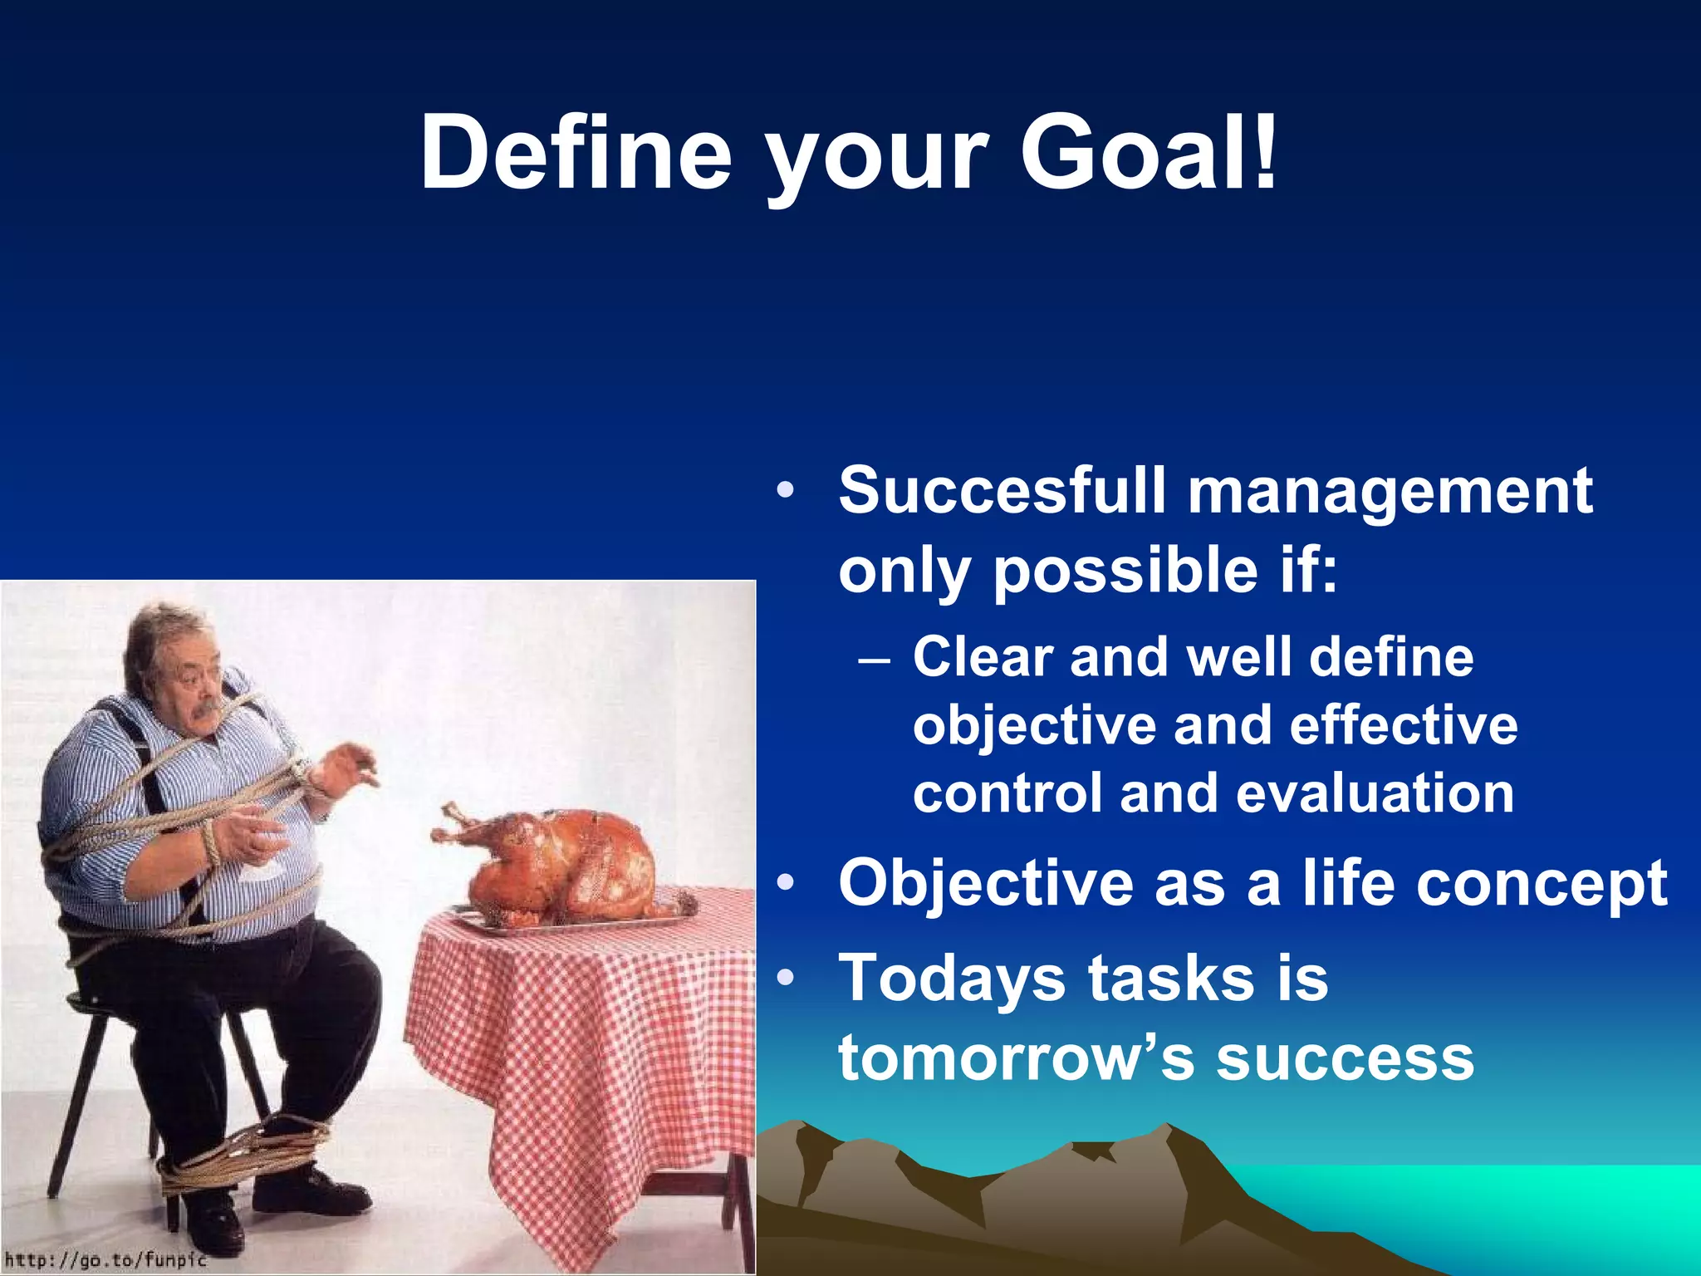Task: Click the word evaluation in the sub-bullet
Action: (x=1375, y=793)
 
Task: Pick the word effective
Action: (x=1404, y=724)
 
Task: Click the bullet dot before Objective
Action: (x=786, y=882)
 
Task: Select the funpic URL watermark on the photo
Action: (x=105, y=1259)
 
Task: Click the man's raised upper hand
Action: (x=349, y=764)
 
